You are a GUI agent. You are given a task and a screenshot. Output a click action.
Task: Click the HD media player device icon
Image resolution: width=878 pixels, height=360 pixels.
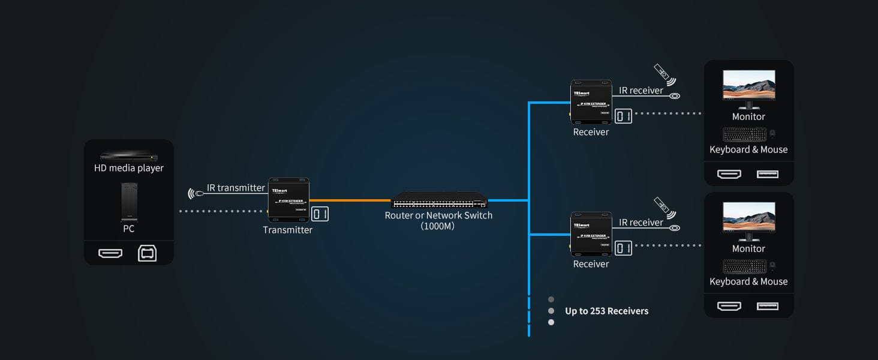click(x=128, y=156)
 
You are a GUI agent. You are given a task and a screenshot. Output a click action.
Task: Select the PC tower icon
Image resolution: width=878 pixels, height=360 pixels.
click(x=129, y=202)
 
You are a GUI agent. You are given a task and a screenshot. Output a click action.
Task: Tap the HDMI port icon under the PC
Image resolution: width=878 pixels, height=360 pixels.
click(x=110, y=254)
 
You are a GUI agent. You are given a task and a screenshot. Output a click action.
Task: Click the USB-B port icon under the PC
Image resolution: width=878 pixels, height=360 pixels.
click(x=147, y=254)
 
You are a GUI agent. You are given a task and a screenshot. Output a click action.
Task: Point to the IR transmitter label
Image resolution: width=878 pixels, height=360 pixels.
click(x=236, y=188)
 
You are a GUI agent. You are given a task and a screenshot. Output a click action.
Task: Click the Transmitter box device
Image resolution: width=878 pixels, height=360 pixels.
click(x=288, y=200)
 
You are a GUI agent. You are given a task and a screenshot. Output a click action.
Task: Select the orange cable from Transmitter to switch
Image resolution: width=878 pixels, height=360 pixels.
click(x=350, y=200)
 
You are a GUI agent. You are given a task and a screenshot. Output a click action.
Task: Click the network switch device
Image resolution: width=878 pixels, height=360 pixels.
click(x=439, y=200)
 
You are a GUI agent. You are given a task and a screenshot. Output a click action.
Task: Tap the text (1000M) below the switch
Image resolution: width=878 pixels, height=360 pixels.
click(x=438, y=226)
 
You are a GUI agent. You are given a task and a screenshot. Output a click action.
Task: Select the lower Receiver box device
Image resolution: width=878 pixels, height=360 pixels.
click(x=591, y=235)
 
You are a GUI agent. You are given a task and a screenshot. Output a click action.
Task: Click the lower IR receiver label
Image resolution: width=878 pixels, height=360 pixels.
click(x=641, y=223)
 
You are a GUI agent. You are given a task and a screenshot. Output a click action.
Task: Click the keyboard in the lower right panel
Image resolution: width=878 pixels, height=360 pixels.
click(x=744, y=266)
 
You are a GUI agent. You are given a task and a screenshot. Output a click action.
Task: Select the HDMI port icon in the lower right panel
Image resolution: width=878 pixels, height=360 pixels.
click(x=729, y=306)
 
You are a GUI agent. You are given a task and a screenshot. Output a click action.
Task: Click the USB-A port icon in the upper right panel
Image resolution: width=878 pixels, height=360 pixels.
click(x=768, y=174)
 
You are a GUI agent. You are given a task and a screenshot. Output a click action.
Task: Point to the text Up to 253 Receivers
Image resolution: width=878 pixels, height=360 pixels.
click(x=606, y=311)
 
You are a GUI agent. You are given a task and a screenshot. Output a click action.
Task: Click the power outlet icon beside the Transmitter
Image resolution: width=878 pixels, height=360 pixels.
click(x=320, y=214)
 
